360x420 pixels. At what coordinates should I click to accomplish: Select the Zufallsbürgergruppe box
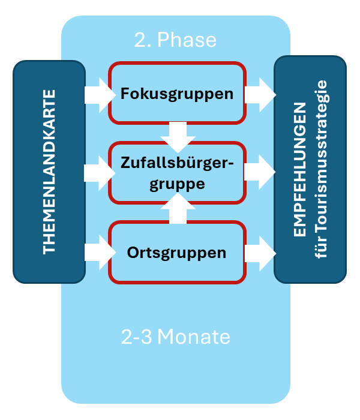click(176, 173)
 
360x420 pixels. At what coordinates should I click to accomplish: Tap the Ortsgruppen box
click(176, 253)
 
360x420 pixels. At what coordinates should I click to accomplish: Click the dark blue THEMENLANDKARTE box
click(49, 172)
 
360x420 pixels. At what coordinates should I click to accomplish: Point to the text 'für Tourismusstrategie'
click(321, 170)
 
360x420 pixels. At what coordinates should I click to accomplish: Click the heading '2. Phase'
click(175, 40)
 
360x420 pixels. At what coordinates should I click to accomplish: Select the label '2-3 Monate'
click(175, 337)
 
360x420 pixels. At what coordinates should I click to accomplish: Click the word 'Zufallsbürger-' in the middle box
click(176, 163)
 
